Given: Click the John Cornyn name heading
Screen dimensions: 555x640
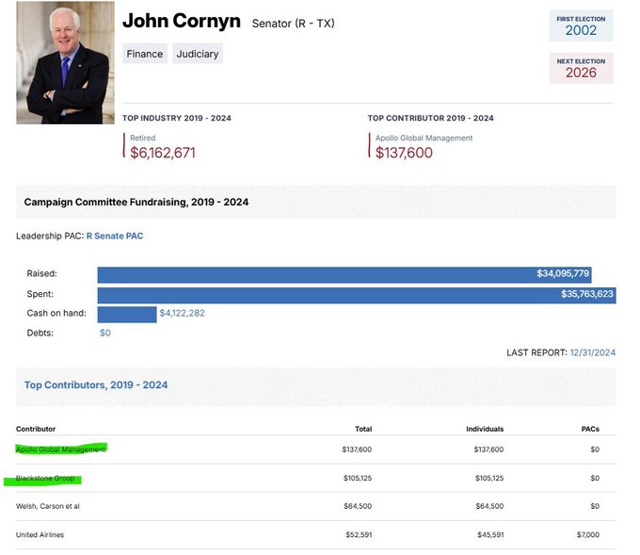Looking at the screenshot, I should (x=182, y=21).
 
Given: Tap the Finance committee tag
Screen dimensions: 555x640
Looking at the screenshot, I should (x=145, y=54).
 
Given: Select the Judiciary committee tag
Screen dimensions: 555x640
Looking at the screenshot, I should (x=198, y=54).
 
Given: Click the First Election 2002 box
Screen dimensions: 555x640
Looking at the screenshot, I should (x=581, y=25).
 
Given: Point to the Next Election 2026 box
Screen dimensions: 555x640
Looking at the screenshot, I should (x=581, y=68).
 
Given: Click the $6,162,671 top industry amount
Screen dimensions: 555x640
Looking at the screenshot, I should (x=163, y=153).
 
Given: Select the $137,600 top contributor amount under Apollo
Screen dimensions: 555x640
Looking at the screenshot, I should (x=404, y=153).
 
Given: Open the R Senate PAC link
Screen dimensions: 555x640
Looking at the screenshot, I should (x=115, y=237).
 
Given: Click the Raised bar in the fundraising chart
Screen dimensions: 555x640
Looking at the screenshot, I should (x=344, y=274).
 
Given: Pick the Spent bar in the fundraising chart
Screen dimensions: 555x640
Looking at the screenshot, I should (x=356, y=294).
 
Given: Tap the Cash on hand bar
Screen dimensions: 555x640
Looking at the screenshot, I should (x=127, y=313).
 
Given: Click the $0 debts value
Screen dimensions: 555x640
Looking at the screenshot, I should (x=105, y=333).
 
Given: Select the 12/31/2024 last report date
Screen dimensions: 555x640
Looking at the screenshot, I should (x=592, y=352).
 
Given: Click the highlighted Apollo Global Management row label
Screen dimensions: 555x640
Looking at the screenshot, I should (x=61, y=449).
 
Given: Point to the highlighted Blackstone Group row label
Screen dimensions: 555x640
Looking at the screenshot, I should (x=45, y=479).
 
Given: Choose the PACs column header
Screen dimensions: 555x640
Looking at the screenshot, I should (x=590, y=429).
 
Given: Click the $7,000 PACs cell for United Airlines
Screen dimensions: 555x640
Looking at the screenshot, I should (x=587, y=535).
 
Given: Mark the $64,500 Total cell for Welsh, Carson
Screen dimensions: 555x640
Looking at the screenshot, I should (x=357, y=506).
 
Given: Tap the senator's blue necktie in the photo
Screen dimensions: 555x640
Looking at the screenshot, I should (x=64, y=70).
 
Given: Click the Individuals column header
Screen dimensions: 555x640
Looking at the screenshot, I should (x=485, y=429).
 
